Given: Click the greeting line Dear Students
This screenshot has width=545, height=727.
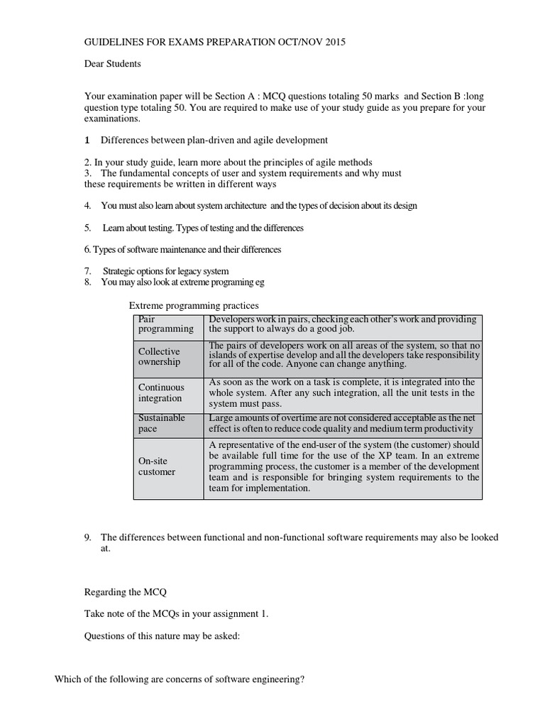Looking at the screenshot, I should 113,64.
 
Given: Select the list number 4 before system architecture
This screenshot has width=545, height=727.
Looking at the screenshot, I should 87,206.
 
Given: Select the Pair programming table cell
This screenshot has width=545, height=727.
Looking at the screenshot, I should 166,324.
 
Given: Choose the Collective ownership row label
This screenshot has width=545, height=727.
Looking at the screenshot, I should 160,356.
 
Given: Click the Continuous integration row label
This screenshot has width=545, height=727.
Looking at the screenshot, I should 161,393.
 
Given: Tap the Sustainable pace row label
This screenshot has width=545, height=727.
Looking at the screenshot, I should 161,424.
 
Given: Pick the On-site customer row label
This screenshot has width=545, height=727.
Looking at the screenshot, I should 157,466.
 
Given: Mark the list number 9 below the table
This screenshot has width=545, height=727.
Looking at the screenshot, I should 87,537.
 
